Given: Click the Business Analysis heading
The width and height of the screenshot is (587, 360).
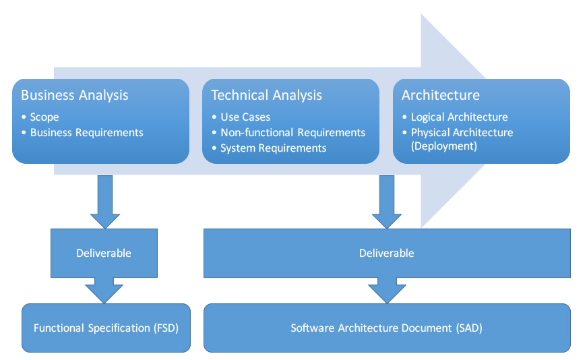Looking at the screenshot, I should click(74, 95).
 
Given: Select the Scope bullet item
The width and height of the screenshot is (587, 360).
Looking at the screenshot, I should click(44, 117).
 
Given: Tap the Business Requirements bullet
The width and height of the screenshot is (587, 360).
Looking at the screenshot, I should click(86, 132).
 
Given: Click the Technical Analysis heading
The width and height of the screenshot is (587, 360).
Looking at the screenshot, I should click(266, 95).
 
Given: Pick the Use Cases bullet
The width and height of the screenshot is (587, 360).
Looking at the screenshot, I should click(245, 117).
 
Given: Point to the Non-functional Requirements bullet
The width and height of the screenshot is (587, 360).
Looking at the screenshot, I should click(292, 132).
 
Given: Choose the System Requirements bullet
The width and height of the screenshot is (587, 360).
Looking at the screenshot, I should click(273, 148).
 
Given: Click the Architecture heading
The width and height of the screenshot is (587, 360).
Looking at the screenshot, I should click(441, 95).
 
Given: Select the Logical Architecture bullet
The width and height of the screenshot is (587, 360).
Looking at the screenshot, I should click(459, 117).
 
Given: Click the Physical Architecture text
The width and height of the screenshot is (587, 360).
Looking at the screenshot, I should click(462, 132).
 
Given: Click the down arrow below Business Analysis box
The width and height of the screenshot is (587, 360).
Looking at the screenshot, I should click(104, 202).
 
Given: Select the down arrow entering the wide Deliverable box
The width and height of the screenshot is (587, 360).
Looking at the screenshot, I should click(387, 202).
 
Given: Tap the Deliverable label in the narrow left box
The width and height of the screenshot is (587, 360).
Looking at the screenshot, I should click(104, 253).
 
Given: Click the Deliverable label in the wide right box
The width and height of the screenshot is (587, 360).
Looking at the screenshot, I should click(387, 253).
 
